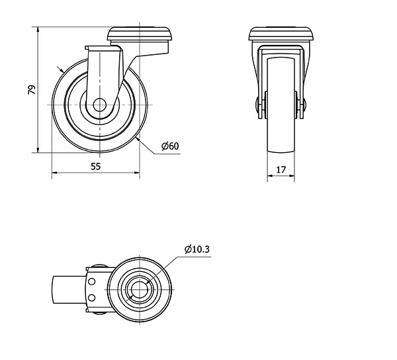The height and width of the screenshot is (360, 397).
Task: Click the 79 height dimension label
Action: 32,90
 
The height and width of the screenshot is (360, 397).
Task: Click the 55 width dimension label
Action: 96,166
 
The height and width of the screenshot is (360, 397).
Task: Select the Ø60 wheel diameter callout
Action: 170,146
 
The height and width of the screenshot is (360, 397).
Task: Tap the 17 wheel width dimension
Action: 281,169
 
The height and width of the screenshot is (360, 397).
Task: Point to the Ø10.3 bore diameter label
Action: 197,249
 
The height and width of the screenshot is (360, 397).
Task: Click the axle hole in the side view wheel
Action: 99,105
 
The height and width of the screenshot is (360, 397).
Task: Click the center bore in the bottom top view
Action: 139,290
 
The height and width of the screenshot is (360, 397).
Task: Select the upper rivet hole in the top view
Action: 92,281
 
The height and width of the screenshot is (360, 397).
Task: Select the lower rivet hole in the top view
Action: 92,298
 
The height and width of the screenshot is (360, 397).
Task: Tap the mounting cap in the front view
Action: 140,34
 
